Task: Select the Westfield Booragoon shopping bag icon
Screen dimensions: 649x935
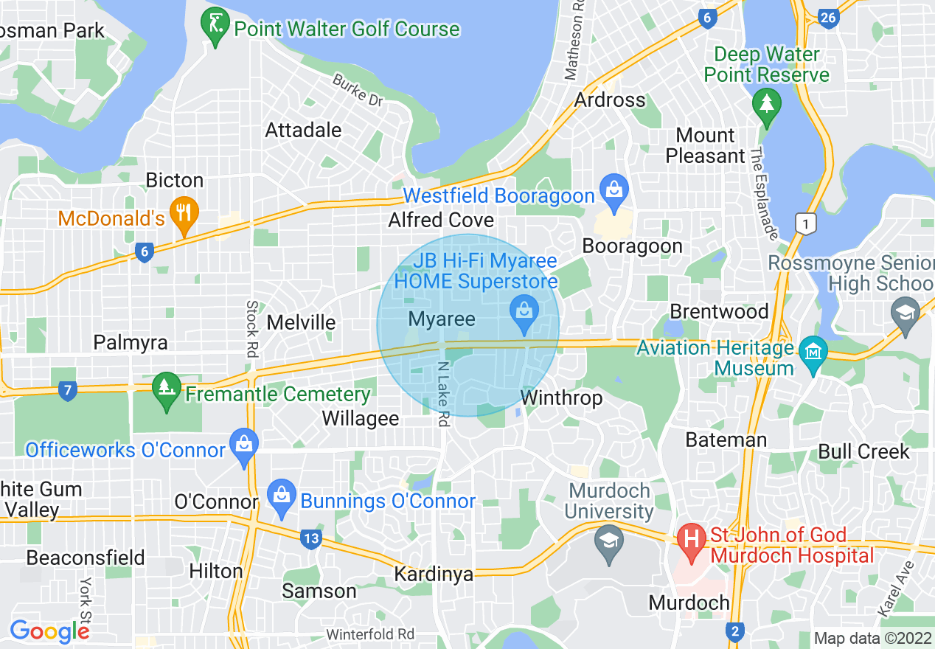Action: pyautogui.click(x=614, y=190)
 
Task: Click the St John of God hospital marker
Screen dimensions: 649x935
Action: pyautogui.click(x=692, y=537)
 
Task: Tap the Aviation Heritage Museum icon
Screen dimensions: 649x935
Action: pyautogui.click(x=813, y=351)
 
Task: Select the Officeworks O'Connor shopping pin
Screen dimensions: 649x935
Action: pyautogui.click(x=243, y=445)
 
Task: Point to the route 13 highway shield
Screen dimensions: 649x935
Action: pyautogui.click(x=311, y=538)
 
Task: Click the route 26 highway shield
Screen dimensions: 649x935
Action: pyautogui.click(x=829, y=17)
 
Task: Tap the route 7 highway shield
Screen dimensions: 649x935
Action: pyautogui.click(x=67, y=389)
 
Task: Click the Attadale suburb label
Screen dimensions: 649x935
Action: pyautogui.click(x=303, y=131)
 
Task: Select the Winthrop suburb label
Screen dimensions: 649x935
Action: pyautogui.click(x=561, y=398)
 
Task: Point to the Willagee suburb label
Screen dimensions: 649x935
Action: pyautogui.click(x=361, y=419)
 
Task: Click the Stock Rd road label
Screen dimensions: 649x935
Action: pyautogui.click(x=252, y=329)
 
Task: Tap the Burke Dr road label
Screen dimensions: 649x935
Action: pyautogui.click(x=358, y=91)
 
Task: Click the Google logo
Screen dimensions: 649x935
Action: pyautogui.click(x=49, y=631)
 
